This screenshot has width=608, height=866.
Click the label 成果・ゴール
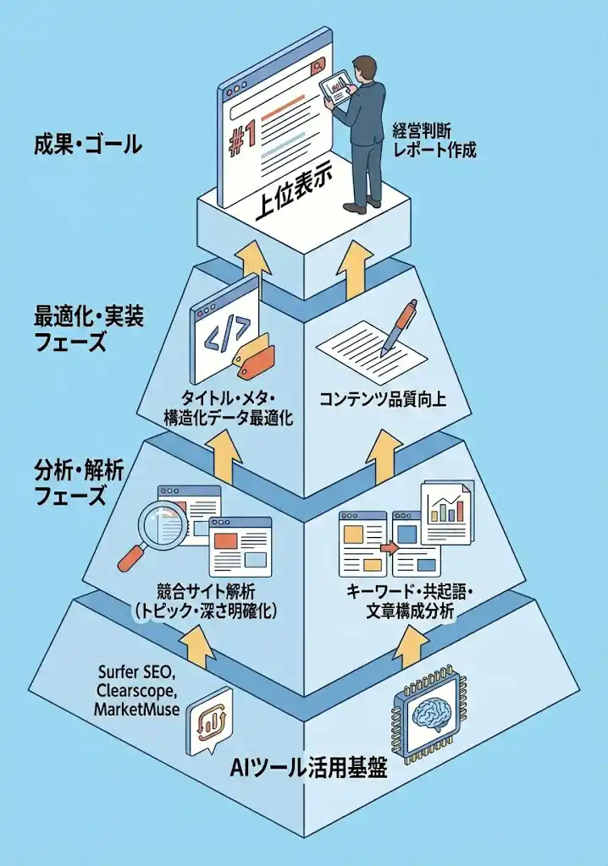(x=87, y=145)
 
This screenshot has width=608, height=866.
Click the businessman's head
(x=365, y=68)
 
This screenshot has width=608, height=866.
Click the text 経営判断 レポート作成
(x=434, y=140)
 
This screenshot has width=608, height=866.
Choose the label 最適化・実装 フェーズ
(x=88, y=329)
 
